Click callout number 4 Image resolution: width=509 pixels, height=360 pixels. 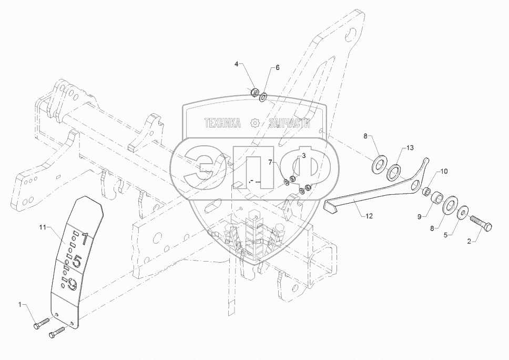pos(236,64)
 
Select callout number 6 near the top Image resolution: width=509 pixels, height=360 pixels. pos(278,68)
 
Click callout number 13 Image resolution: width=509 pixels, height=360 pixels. pos(411,148)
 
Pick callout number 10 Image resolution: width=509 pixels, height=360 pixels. pos(444,172)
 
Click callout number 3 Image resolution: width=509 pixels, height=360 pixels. pos(303,156)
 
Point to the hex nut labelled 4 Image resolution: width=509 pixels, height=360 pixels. pos(253,93)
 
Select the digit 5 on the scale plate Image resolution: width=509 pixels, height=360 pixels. pos(77,261)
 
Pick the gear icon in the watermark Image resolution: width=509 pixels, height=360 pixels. pos(255,123)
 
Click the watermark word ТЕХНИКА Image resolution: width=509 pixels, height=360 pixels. pos(222,123)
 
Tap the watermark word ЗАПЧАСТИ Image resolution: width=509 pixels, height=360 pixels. pos(289,123)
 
